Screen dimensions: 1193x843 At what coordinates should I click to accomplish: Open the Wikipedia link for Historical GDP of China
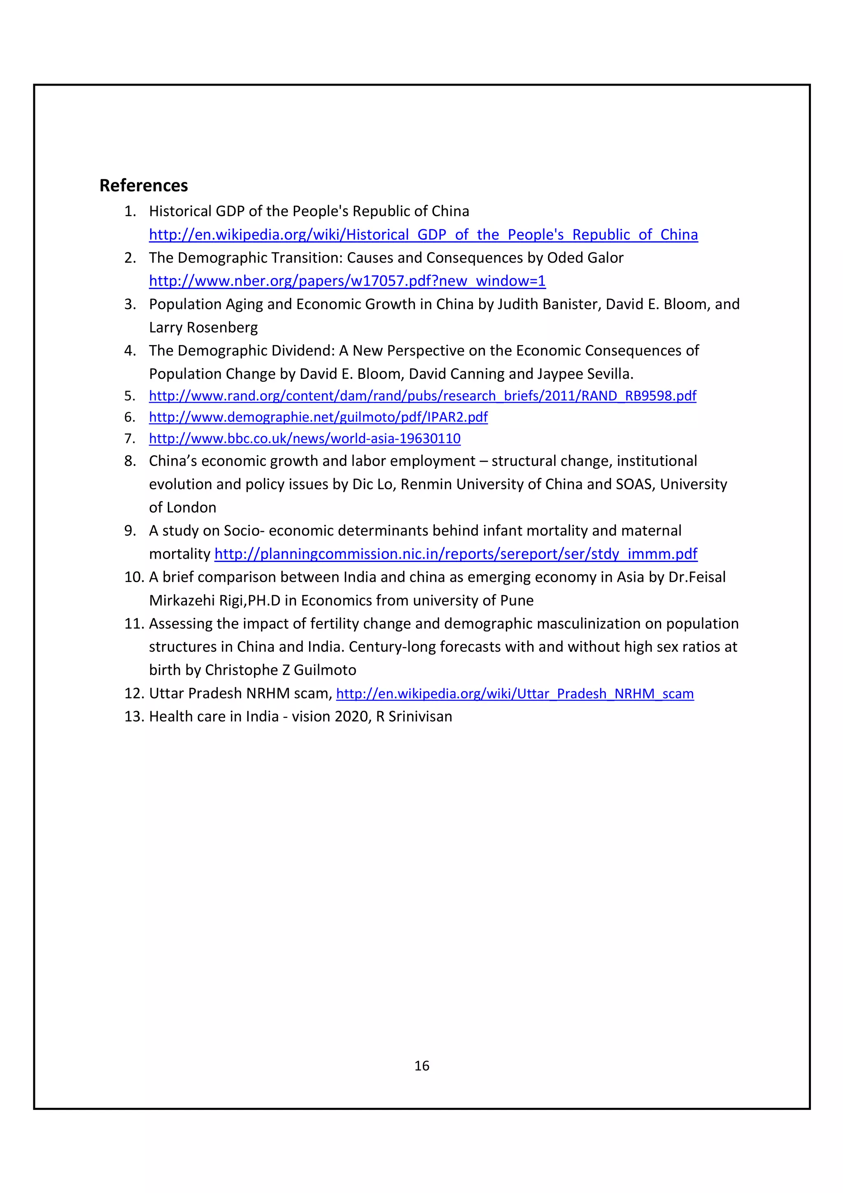(x=423, y=235)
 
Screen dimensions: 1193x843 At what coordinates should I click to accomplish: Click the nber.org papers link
(x=347, y=281)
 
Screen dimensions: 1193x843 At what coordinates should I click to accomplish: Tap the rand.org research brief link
(x=422, y=396)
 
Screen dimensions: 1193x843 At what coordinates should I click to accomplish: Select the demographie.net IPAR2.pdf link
(x=318, y=417)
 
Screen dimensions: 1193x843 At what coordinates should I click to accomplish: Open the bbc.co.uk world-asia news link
(x=304, y=438)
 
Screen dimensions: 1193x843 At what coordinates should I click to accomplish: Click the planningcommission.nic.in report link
(x=456, y=554)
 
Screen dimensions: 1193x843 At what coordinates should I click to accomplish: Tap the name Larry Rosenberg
(x=203, y=328)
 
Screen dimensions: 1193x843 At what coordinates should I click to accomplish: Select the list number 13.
(x=133, y=717)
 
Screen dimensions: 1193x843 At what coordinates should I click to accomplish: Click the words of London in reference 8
(x=182, y=508)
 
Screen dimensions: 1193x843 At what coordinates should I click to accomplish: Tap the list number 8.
(x=130, y=461)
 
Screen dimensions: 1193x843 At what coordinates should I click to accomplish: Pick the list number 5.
(x=130, y=396)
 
